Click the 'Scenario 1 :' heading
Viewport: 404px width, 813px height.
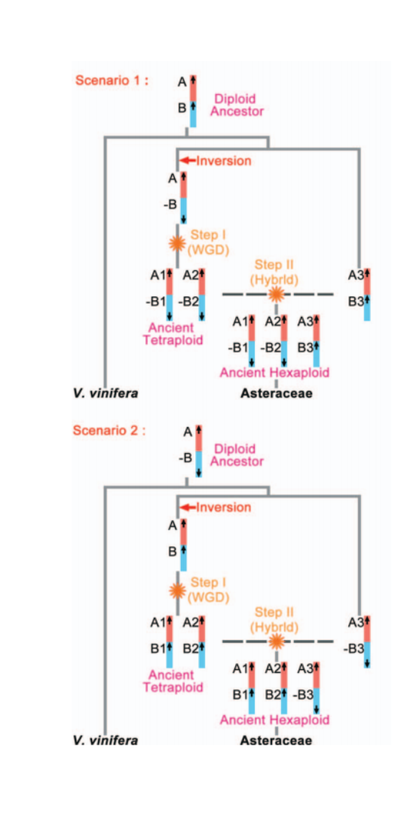tap(112, 81)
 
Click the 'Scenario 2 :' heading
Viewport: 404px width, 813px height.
tap(109, 431)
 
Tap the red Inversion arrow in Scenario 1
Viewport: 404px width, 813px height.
tap(188, 161)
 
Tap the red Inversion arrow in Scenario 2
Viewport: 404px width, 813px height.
tap(188, 507)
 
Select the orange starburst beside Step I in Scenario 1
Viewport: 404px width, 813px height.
tap(178, 242)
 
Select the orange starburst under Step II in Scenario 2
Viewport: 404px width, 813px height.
tap(277, 641)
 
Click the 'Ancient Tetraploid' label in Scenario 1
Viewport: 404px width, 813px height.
tap(175, 334)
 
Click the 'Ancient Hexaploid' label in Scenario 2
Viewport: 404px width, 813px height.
tap(274, 720)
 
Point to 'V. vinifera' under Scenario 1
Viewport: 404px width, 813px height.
tap(106, 394)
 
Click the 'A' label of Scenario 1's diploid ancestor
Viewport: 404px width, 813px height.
tap(182, 81)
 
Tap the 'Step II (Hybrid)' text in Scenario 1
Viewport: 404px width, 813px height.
tap(274, 273)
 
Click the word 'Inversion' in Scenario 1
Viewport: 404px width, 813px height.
tap(224, 161)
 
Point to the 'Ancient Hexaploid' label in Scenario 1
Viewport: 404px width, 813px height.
tap(274, 373)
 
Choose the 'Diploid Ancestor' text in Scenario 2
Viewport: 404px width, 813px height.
tap(239, 454)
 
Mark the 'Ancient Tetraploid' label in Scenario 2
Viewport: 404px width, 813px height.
tap(175, 681)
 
